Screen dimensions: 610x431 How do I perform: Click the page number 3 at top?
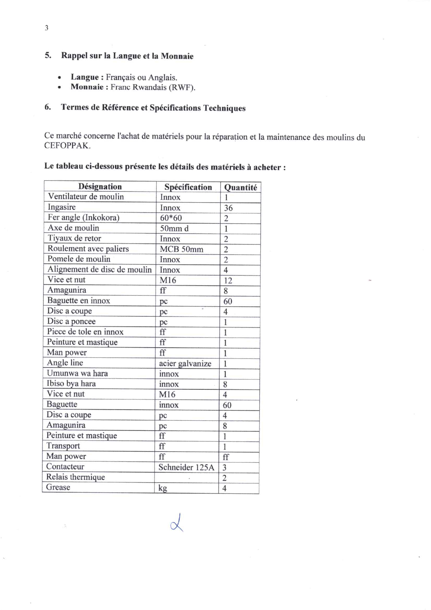[x=47, y=28]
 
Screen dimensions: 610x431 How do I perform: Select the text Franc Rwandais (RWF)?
[x=153, y=87]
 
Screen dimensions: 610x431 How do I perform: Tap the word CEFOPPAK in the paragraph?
[x=67, y=146]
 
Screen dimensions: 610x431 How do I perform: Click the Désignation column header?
[x=100, y=187]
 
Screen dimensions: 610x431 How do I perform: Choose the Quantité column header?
[x=241, y=188]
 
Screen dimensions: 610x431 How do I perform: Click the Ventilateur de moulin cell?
[x=86, y=197]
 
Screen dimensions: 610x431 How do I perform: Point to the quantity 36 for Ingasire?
[x=228, y=208]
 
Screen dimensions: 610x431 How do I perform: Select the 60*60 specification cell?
[x=171, y=218]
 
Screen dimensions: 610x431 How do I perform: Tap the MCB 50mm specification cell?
[x=181, y=249]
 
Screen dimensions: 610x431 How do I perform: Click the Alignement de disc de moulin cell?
[x=100, y=270]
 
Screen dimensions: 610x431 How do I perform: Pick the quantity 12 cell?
[x=228, y=280]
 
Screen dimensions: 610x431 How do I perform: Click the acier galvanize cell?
[x=185, y=364]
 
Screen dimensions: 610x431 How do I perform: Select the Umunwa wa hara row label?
[x=78, y=373]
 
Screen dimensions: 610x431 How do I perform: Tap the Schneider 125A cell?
[x=186, y=467]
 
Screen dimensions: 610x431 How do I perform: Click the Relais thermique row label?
[x=75, y=477]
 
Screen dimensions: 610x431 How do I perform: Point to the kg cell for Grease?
[x=163, y=488]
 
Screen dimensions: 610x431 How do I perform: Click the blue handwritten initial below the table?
[x=177, y=523]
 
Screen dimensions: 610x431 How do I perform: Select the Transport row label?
[x=63, y=446]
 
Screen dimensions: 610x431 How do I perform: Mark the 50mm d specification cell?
[x=174, y=228]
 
